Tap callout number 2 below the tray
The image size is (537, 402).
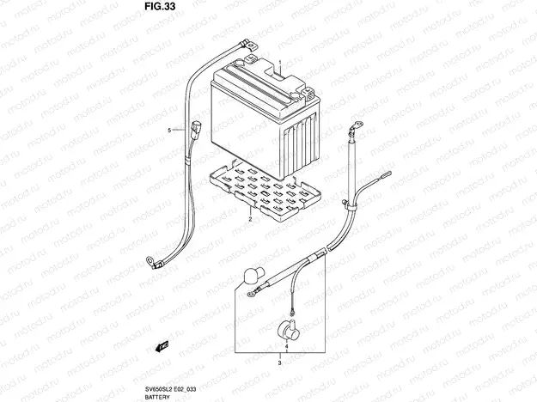[249, 219]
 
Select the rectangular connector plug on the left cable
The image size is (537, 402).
[199, 131]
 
